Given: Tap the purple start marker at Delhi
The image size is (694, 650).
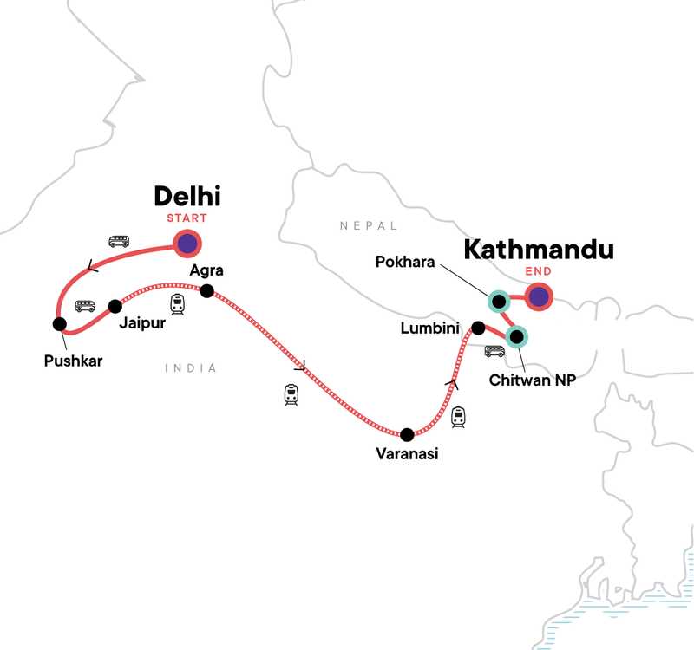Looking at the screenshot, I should click(x=187, y=244).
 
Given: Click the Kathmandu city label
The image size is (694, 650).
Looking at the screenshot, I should click(x=538, y=250).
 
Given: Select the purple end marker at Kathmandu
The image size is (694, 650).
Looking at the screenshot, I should click(x=539, y=299).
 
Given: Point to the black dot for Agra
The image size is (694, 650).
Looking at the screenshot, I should click(x=207, y=291).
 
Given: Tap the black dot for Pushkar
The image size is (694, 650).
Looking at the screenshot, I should click(x=59, y=324).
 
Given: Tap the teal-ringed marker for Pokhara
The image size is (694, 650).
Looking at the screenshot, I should click(x=499, y=302).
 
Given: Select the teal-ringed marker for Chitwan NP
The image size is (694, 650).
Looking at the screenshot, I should click(x=517, y=336).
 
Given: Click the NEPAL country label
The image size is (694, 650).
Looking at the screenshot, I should click(x=369, y=226).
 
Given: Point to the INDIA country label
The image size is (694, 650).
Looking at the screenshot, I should click(x=191, y=368).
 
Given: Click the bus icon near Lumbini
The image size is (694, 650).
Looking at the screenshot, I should click(x=494, y=352).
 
